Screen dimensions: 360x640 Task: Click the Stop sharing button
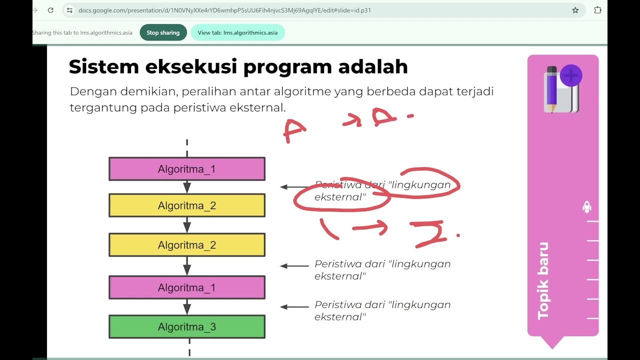[x=163, y=32]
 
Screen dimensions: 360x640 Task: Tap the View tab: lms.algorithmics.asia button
[x=237, y=32]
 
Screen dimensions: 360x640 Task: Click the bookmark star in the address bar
[x=575, y=10]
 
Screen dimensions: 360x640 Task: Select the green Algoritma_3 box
[x=187, y=327]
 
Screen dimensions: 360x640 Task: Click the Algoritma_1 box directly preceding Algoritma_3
[x=187, y=287]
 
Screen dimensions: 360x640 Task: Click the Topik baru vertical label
[x=543, y=280]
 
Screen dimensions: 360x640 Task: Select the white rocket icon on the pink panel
[x=587, y=207]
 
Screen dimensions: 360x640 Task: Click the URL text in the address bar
[x=224, y=10]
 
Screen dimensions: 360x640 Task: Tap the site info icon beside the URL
[x=69, y=10]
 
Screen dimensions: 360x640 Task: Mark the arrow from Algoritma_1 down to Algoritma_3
[x=187, y=306]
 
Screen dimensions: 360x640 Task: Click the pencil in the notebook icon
[x=552, y=88]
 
